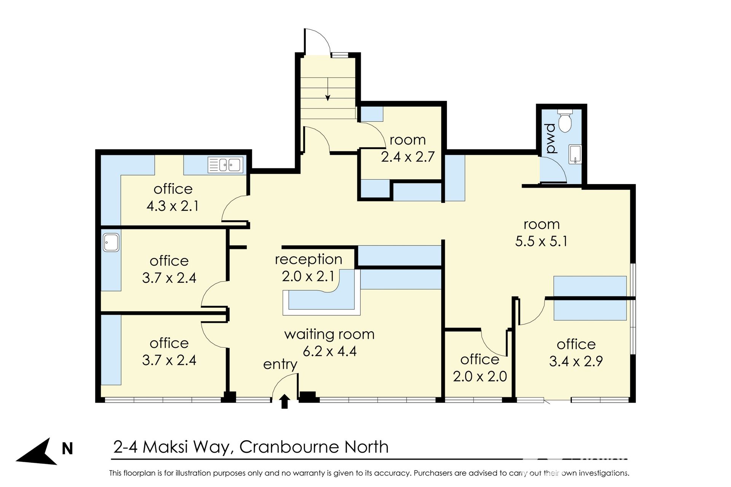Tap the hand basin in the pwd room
pos(575,154)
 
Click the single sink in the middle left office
pos(111,242)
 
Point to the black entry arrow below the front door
pos(284,401)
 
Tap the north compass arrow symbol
pos(37,452)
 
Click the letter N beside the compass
pos(67,449)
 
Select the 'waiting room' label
pos(329,334)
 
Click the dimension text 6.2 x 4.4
pos(330,351)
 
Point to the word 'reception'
pos(308,259)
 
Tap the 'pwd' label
pos(551,138)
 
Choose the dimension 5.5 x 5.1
pos(541,241)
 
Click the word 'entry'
pos(280,364)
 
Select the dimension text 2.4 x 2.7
pos(408,157)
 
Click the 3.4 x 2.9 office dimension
pos(576,361)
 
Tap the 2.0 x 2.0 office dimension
pos(480,376)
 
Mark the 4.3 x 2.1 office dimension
pos(172,206)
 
